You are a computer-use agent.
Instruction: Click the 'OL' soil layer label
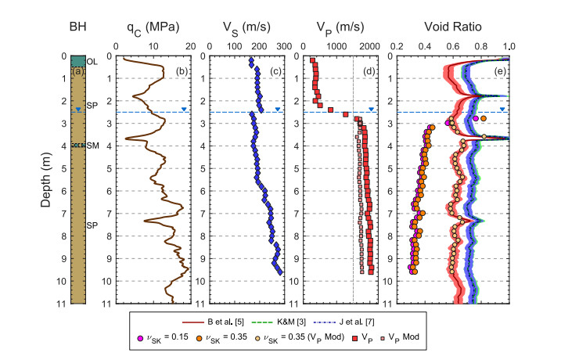[x=92, y=61]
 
